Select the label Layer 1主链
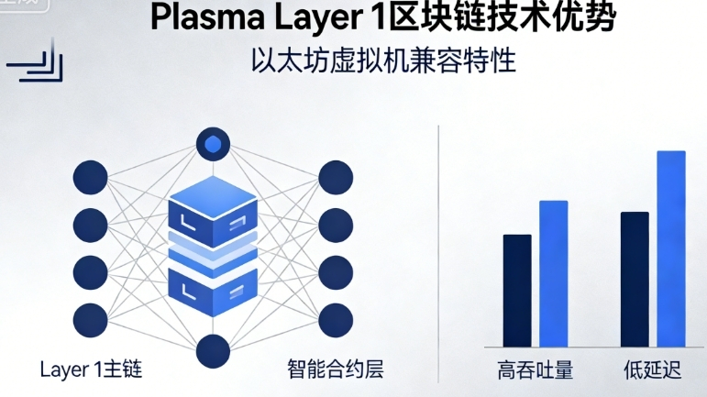[91, 370]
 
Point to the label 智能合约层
[335, 370]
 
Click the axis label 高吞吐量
[536, 371]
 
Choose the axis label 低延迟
[651, 371]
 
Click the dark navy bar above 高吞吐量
[517, 291]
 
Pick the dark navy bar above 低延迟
[635, 280]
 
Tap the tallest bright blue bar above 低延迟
[670, 248]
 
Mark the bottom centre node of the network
[213, 350]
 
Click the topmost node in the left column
[90, 176]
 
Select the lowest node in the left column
[90, 318]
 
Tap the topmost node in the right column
[336, 176]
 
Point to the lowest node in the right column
[336, 318]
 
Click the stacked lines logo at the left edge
[39, 66]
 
